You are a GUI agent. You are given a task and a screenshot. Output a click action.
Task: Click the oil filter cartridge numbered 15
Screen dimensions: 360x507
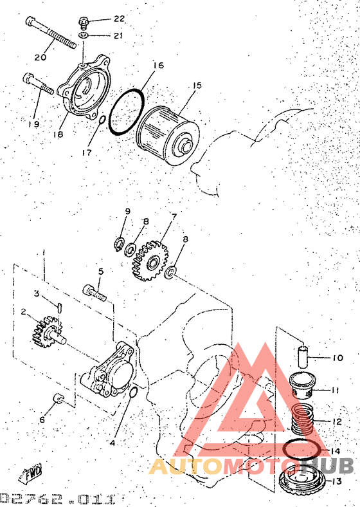168,136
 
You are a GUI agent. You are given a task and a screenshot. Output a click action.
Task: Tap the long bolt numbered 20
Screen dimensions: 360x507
50,32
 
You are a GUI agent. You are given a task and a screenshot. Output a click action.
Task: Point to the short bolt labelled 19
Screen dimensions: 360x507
38,84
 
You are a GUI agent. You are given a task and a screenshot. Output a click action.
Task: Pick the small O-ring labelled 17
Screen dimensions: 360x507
101,120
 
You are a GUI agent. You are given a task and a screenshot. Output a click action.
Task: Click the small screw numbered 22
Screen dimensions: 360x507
83,23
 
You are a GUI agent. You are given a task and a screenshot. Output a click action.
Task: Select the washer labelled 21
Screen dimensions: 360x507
83,35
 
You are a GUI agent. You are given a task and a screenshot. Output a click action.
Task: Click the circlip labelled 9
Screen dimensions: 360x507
120,243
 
